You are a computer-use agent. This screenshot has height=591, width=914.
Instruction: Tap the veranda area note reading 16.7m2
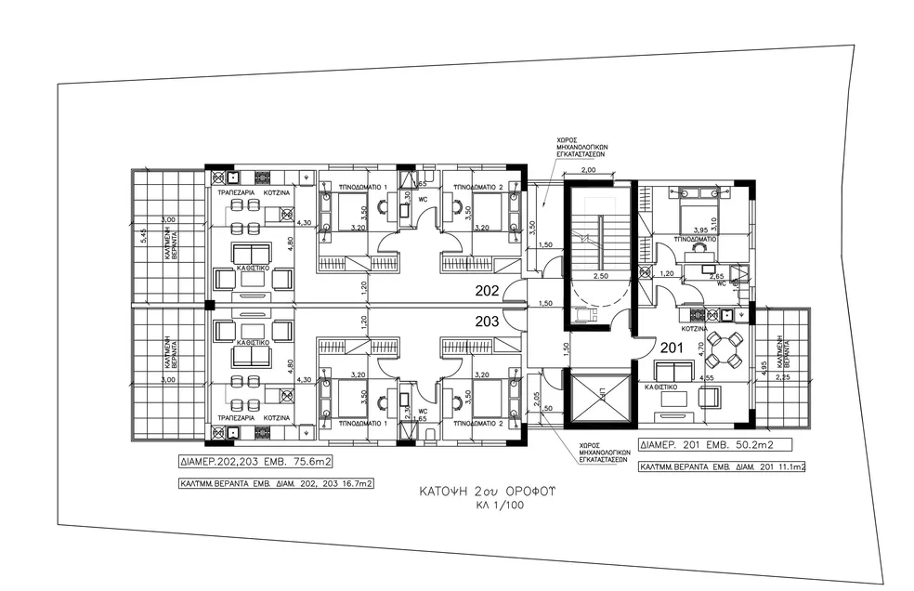(276, 484)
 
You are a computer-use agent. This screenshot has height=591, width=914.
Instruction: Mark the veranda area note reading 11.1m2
(722, 466)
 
